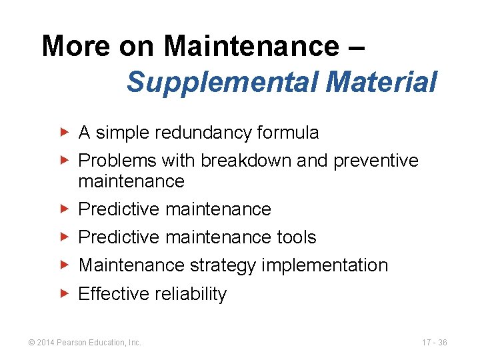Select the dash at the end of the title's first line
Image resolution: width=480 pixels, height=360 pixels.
coord(355,48)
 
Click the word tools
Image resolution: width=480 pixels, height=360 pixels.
coord(297,237)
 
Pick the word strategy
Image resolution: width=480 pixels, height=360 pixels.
coord(223,265)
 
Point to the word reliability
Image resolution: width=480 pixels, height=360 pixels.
coord(191,294)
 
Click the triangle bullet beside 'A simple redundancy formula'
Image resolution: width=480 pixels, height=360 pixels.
coord(63,133)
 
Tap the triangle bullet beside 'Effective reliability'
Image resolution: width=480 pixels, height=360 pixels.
coord(63,293)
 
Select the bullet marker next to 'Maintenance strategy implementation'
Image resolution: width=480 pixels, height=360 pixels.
coord(63,265)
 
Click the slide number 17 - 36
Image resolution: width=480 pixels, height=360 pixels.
coord(434,343)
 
